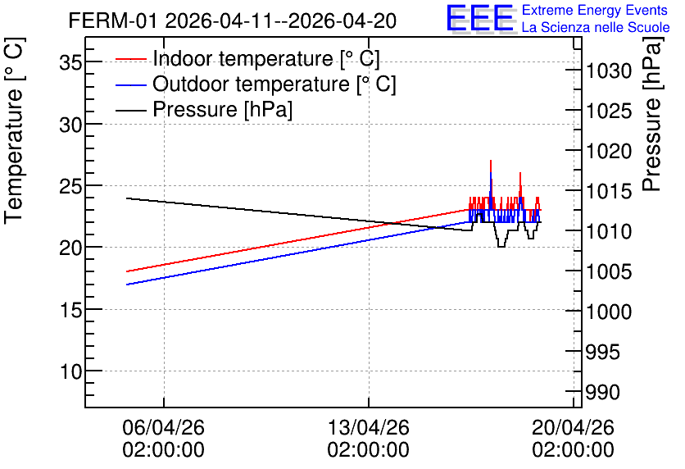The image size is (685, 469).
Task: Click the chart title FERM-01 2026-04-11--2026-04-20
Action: (233, 20)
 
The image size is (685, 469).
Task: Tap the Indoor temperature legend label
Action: (266, 58)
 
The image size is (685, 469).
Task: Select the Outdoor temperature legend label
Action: (274, 84)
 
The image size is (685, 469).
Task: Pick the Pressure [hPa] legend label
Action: (222, 109)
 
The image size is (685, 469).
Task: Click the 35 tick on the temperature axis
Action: (70, 62)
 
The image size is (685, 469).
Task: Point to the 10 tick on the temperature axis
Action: (70, 371)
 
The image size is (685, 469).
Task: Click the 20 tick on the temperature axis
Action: (70, 248)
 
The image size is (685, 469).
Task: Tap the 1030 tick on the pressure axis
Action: (609, 71)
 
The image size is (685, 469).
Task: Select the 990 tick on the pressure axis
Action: (603, 392)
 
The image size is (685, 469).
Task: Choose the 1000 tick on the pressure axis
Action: (609, 312)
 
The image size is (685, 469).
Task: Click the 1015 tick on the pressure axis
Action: (609, 191)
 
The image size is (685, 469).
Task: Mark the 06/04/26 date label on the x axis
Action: (163, 427)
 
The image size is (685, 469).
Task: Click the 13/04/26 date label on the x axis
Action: (369, 427)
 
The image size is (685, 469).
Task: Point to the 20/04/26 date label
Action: (574, 427)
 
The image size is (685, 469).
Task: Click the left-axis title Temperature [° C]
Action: (14, 131)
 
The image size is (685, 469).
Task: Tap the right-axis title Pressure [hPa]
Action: (651, 114)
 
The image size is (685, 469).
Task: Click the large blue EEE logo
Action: (479, 18)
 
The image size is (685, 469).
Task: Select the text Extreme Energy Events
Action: (595, 10)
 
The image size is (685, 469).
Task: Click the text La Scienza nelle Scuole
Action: (596, 27)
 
